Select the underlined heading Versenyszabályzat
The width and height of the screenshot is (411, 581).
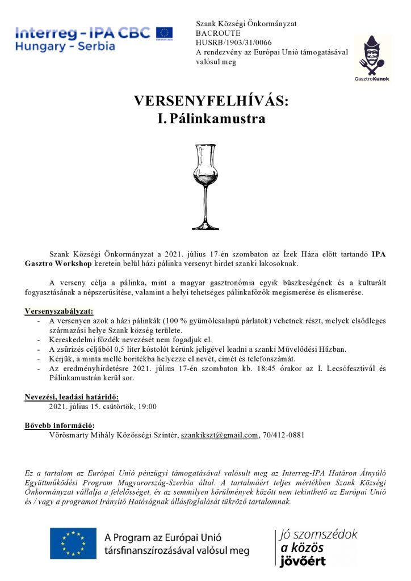60,311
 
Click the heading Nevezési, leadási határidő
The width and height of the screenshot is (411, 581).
72,397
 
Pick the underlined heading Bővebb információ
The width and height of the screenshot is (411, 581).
60,426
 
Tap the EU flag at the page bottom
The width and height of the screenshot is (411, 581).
73,543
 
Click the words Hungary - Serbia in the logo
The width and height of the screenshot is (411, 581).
64,46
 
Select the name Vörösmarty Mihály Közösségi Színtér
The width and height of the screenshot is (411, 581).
113,435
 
